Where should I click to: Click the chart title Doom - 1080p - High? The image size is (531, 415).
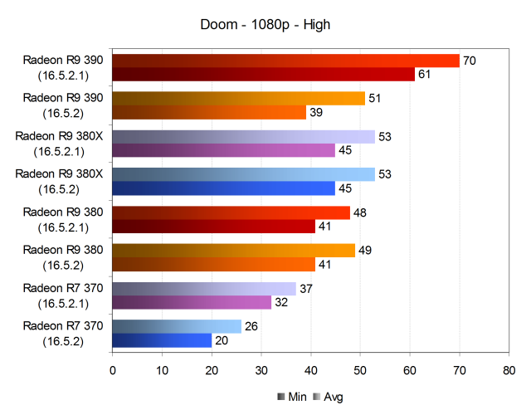265,25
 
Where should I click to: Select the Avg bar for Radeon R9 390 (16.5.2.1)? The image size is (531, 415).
285,61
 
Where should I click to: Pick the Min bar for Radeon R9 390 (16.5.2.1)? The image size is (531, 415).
263,75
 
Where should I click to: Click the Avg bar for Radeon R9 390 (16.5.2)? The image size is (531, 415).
238,99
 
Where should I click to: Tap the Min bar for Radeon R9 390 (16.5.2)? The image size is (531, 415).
209,113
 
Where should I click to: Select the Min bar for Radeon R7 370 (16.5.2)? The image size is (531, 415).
162,340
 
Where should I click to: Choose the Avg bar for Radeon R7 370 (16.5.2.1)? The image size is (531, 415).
204,288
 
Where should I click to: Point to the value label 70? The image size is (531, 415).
469,61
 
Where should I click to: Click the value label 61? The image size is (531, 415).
424,75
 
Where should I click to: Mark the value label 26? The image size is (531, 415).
251,326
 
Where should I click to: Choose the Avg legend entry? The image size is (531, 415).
328,397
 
